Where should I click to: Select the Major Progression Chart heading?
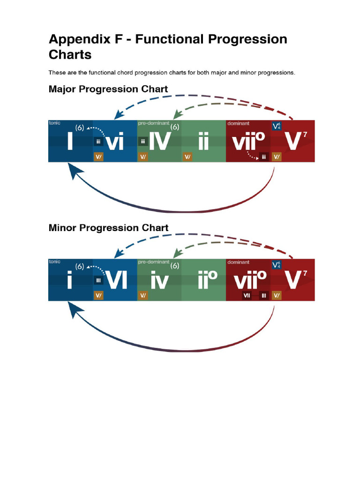point(108,89)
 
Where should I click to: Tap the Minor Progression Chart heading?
point(108,228)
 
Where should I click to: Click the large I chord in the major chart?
point(69,141)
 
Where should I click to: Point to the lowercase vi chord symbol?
point(115,142)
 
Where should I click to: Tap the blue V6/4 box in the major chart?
point(277,126)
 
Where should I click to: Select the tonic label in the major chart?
point(54,123)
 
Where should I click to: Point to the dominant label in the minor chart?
point(238,262)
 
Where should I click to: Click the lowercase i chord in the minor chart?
point(69,280)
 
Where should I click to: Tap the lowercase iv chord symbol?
point(159,281)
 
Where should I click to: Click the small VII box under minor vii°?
point(247,296)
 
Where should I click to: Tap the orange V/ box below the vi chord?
point(98,157)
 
